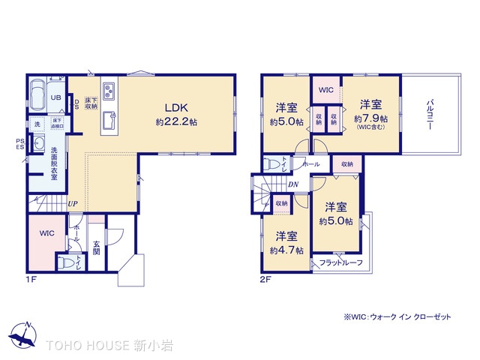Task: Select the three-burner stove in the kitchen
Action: pyautogui.click(x=109, y=91)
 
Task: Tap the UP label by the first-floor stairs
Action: pyautogui.click(x=73, y=202)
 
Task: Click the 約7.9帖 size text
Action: pyautogui.click(x=372, y=118)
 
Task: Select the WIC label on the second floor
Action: pyautogui.click(x=325, y=90)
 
